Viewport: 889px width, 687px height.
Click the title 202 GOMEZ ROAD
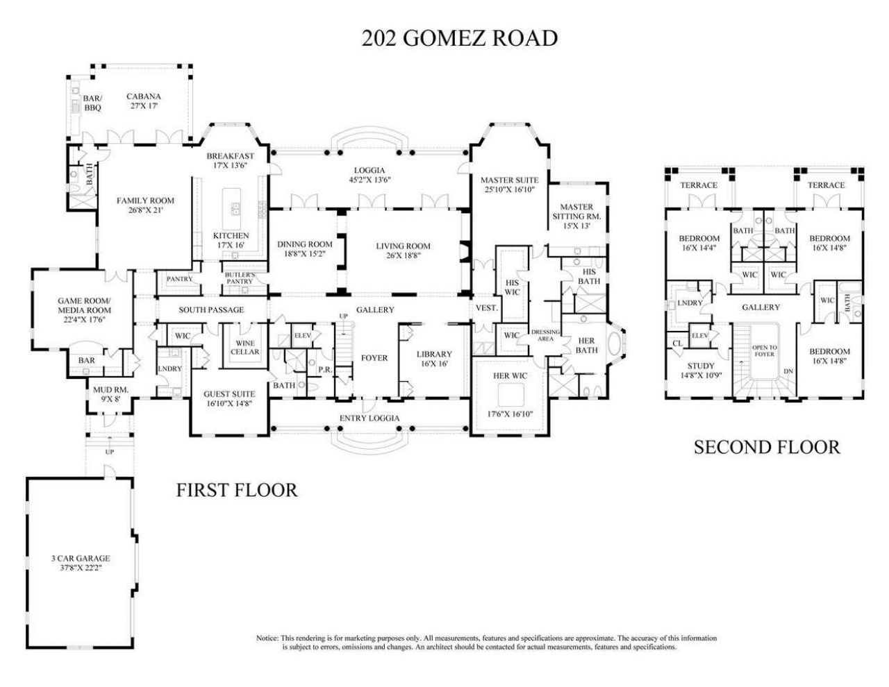point(459,37)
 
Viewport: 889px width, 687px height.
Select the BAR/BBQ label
point(93,103)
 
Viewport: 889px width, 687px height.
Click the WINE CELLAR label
point(245,347)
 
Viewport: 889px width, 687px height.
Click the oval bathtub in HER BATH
point(615,348)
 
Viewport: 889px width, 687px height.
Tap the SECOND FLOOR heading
point(767,447)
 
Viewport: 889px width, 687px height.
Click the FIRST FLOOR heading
point(237,490)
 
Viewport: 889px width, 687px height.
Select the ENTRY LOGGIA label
point(369,418)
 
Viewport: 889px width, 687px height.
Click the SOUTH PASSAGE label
point(211,309)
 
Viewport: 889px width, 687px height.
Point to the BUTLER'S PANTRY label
point(240,278)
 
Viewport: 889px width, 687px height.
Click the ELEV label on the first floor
point(302,335)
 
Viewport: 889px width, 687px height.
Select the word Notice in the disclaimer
point(267,638)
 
